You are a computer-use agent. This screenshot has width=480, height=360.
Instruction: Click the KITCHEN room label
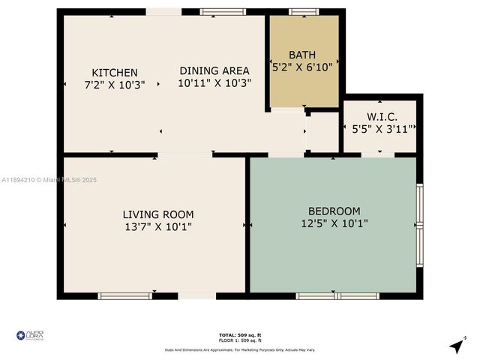coord(114,73)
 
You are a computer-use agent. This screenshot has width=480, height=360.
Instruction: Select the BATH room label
coord(302,55)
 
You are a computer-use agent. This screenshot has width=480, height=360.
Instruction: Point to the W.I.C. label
coord(382,116)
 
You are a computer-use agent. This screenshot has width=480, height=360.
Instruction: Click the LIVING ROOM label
coord(157,214)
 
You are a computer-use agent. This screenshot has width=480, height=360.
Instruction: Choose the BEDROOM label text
coord(334,211)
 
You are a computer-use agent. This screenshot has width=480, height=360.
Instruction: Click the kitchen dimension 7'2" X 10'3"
coord(114,85)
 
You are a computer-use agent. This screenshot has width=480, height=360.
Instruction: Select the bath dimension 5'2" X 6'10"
coord(302,67)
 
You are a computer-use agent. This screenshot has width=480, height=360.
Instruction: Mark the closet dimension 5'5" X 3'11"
coord(382,129)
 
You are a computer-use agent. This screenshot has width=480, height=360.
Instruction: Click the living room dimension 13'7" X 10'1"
coord(157,226)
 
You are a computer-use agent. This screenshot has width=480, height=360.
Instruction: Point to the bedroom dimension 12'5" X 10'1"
coord(334,223)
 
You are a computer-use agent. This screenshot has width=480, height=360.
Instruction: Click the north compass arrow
coord(456,346)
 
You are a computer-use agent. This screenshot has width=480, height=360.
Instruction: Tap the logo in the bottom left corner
coord(30,334)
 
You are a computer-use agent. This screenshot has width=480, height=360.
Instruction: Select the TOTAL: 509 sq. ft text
coord(239,334)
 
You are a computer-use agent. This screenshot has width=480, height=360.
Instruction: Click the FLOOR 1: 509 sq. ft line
coord(239,340)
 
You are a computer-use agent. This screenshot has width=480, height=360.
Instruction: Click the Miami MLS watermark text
coord(49,180)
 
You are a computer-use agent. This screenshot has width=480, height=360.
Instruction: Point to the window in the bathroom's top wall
coord(303,11)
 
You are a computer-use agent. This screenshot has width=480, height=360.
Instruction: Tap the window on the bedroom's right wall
coord(420,225)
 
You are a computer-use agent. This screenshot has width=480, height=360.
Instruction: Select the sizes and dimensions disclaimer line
coord(239,350)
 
